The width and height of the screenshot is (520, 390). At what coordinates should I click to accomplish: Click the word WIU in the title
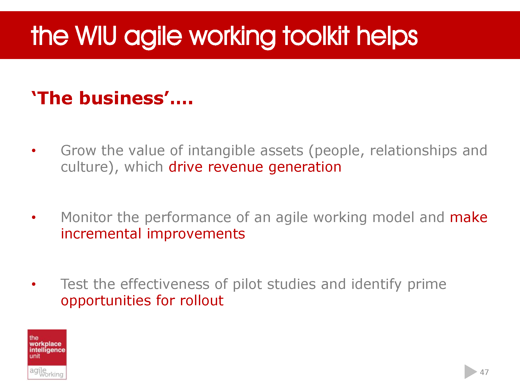point(96,36)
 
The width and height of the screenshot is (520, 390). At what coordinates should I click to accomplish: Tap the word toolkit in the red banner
point(316,36)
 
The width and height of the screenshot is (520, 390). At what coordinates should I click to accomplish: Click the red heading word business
point(121,98)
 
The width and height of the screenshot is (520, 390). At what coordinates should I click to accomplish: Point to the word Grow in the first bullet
point(78,151)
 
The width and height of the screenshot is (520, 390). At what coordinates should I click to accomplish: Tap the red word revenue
point(235,167)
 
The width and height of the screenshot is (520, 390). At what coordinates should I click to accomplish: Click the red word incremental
point(101,234)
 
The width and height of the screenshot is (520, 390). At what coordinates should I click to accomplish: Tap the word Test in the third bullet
point(74,284)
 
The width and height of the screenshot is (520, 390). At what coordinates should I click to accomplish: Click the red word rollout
point(201,301)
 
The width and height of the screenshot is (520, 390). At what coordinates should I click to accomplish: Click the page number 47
point(484,372)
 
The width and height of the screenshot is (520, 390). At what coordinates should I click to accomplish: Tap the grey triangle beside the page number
point(470,372)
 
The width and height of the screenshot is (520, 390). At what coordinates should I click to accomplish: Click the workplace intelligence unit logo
point(47,354)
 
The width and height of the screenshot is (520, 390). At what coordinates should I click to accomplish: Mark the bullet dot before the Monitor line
point(34,217)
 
